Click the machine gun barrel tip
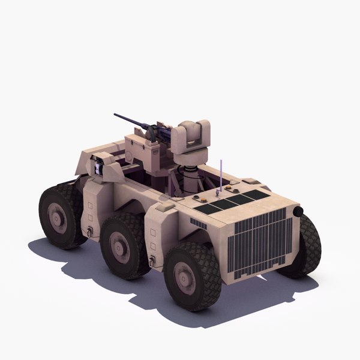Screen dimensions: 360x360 pyautogui.click(x=116, y=114)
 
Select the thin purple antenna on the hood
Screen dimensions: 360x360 pyautogui.click(x=222, y=174)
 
